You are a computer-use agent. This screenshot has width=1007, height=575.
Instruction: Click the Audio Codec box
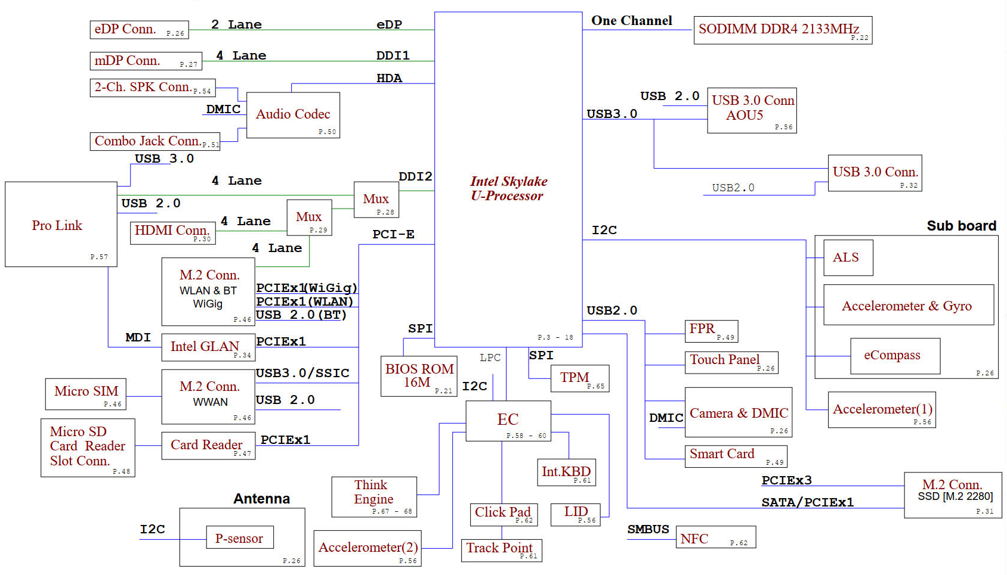293,115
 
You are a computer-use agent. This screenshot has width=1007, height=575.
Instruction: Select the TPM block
580,378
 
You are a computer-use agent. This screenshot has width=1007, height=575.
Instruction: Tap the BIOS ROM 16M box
419,376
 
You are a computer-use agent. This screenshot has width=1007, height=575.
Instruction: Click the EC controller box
508,421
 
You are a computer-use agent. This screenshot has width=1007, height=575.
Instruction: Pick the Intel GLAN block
209,347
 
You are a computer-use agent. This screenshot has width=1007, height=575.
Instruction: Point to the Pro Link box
61,225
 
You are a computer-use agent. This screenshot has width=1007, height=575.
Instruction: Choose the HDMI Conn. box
173,233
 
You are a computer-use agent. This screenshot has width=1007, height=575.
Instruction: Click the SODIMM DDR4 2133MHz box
783,30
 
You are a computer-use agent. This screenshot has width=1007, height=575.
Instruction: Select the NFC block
716,537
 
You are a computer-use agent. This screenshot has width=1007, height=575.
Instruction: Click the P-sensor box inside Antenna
240,537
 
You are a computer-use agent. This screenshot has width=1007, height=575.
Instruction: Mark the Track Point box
502,551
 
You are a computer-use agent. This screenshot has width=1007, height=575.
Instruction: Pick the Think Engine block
374,497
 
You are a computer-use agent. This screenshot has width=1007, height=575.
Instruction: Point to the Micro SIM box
86,394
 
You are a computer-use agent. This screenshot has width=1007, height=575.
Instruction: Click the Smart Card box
736,456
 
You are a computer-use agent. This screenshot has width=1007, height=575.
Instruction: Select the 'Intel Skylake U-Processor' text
508,188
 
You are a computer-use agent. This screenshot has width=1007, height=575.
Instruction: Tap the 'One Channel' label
632,21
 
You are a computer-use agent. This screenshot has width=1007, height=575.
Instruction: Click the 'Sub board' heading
961,225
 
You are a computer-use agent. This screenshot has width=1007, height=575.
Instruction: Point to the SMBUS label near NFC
648,529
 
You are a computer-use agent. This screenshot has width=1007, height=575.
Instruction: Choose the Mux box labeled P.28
376,200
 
